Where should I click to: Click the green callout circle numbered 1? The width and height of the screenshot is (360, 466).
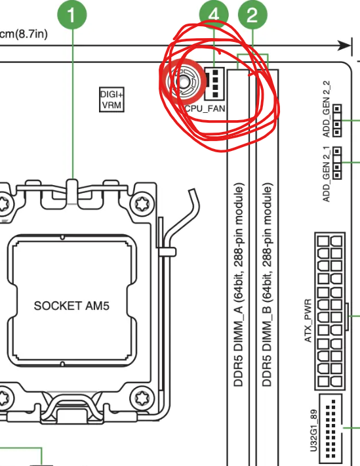coord(72,15)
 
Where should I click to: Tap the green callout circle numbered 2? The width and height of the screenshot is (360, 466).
coord(252,15)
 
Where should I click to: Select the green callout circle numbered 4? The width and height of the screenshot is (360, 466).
coord(214,15)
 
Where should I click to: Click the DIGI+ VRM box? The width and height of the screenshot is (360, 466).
coord(111,100)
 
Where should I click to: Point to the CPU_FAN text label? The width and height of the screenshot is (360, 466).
coord(205,108)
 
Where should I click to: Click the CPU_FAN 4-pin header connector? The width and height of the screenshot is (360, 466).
coord(214,83)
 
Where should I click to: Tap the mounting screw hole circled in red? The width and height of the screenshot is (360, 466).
coord(183,81)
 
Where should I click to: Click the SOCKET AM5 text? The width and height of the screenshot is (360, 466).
coord(71,306)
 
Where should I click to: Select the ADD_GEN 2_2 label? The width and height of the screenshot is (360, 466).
coord(327,109)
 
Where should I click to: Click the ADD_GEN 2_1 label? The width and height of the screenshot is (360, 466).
coord(327,174)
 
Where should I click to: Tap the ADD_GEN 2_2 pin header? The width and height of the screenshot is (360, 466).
coord(337,120)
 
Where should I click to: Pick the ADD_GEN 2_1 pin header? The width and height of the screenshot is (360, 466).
coord(337,163)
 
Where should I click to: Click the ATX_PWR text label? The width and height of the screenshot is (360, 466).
coord(308,320)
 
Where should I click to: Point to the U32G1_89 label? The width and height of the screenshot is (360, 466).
coord(313,431)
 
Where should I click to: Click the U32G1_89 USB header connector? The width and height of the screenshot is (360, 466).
coord(331,429)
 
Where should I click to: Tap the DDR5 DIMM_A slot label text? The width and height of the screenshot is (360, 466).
coord(239,285)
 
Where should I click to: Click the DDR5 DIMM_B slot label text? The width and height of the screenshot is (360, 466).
coord(267,285)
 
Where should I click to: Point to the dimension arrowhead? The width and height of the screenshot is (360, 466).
coord(345,46)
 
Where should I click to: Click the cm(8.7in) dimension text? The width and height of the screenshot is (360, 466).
coord(24,34)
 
